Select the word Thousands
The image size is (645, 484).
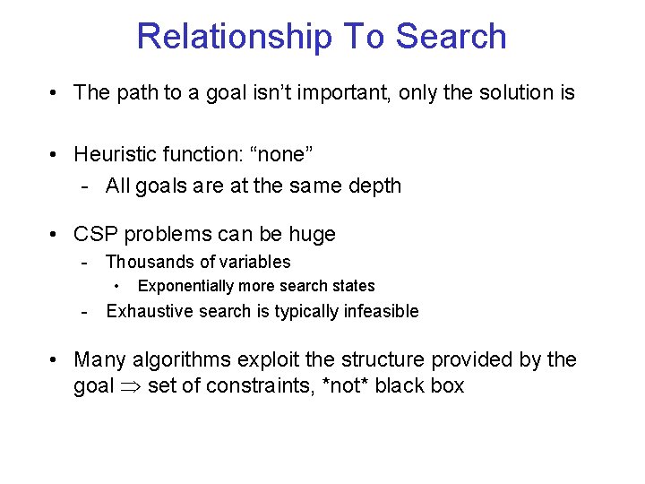pyautogui.click(x=147, y=262)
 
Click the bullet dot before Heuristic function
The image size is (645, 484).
pyautogui.click(x=56, y=155)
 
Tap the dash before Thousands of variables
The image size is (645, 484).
pyautogui.click(x=83, y=263)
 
